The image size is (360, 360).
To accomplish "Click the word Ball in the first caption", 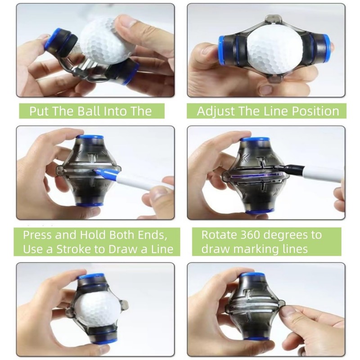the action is (x=89, y=111).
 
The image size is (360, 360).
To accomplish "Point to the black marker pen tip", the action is (x=277, y=167).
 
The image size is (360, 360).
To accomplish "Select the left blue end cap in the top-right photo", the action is (x=221, y=49).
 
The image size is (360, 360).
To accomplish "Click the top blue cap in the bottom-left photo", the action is (x=91, y=276).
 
